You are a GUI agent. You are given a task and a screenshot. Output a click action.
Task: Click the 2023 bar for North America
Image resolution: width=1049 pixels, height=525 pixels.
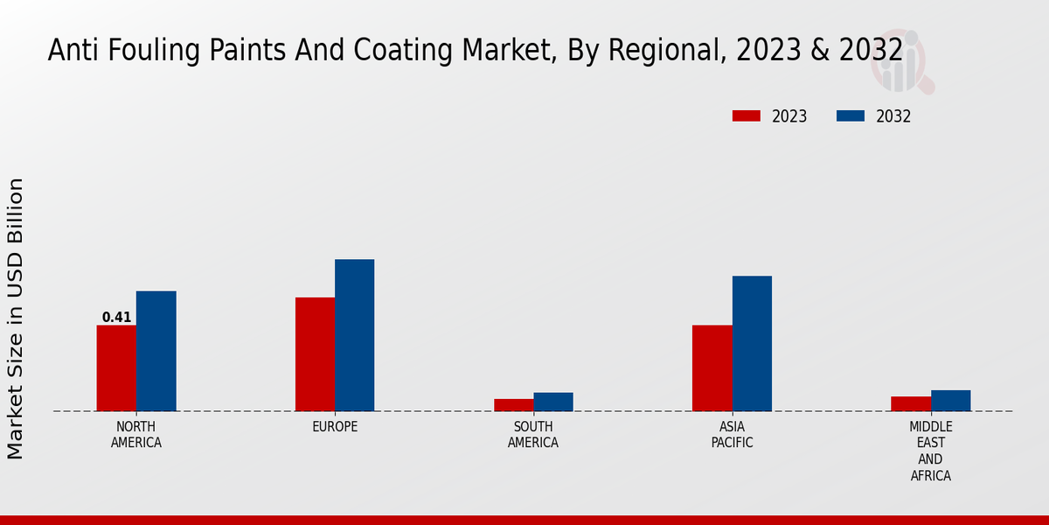116,368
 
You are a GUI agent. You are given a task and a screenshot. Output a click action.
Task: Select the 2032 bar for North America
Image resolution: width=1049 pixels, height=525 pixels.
156,351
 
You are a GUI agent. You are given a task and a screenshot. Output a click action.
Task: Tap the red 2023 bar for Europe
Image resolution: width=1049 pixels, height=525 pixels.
315,354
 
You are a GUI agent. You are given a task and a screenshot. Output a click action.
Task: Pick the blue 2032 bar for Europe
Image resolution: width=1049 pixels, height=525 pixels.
355,335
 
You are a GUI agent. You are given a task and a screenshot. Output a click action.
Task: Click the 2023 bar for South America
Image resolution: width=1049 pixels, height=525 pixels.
513,405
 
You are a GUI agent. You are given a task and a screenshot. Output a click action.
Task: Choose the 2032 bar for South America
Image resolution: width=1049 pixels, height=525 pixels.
553,402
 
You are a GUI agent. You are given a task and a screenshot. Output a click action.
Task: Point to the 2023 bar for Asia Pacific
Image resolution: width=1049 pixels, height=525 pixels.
712,368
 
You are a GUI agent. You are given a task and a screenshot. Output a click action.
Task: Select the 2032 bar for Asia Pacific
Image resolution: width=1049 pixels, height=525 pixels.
752,344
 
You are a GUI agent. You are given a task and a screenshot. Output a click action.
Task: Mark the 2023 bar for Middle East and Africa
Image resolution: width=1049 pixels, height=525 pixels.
911,403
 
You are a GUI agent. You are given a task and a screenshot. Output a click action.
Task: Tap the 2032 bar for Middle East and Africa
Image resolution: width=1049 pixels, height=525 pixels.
951,401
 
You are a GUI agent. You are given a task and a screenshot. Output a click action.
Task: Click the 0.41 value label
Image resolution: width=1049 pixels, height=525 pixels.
116,318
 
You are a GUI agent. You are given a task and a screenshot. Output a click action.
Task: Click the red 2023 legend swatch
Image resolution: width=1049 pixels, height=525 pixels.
747,116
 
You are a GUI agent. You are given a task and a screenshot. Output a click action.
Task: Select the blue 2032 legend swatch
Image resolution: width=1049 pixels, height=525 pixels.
851,116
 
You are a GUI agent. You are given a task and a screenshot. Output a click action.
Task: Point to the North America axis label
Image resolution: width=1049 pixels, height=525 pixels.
136,435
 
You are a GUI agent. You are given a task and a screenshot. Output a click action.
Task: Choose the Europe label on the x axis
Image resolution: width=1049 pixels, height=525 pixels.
335,427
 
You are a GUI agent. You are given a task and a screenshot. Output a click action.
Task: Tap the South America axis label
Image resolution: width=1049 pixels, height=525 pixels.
533,435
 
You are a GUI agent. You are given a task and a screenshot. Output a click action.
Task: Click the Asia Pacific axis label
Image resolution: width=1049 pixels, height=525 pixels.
733,435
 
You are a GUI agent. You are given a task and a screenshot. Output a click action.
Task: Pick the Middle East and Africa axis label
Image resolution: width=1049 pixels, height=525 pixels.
931,451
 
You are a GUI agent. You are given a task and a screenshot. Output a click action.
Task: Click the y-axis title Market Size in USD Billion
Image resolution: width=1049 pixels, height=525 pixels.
16,318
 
